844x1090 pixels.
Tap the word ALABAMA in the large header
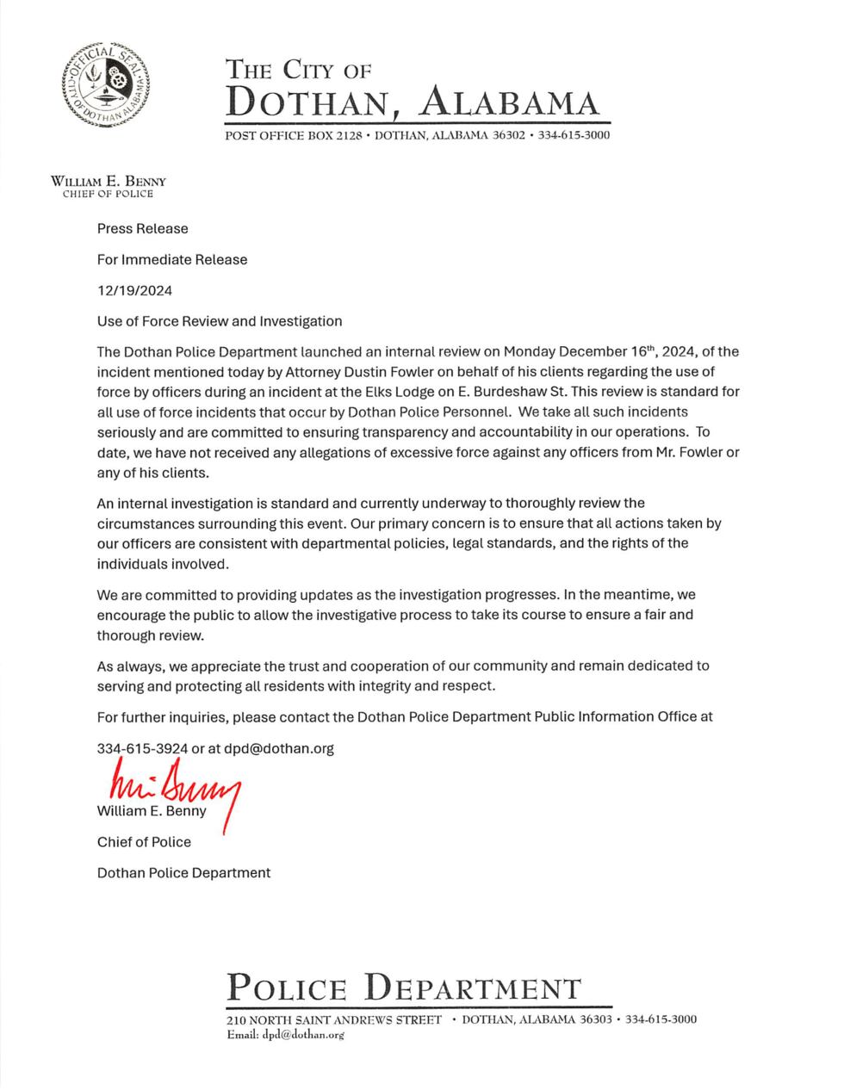[508, 102]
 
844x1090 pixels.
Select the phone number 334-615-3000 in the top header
[574, 135]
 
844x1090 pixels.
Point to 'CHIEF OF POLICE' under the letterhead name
[108, 194]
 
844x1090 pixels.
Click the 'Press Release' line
[142, 229]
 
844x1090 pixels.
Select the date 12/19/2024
[134, 290]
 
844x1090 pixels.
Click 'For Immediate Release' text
[172, 260]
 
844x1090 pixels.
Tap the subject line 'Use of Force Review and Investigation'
[220, 321]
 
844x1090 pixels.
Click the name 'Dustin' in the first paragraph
[439, 371]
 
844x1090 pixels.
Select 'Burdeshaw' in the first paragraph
[505, 391]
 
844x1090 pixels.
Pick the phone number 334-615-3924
[142, 748]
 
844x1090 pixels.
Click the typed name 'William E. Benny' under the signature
[152, 811]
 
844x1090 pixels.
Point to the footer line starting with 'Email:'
[285, 1035]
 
